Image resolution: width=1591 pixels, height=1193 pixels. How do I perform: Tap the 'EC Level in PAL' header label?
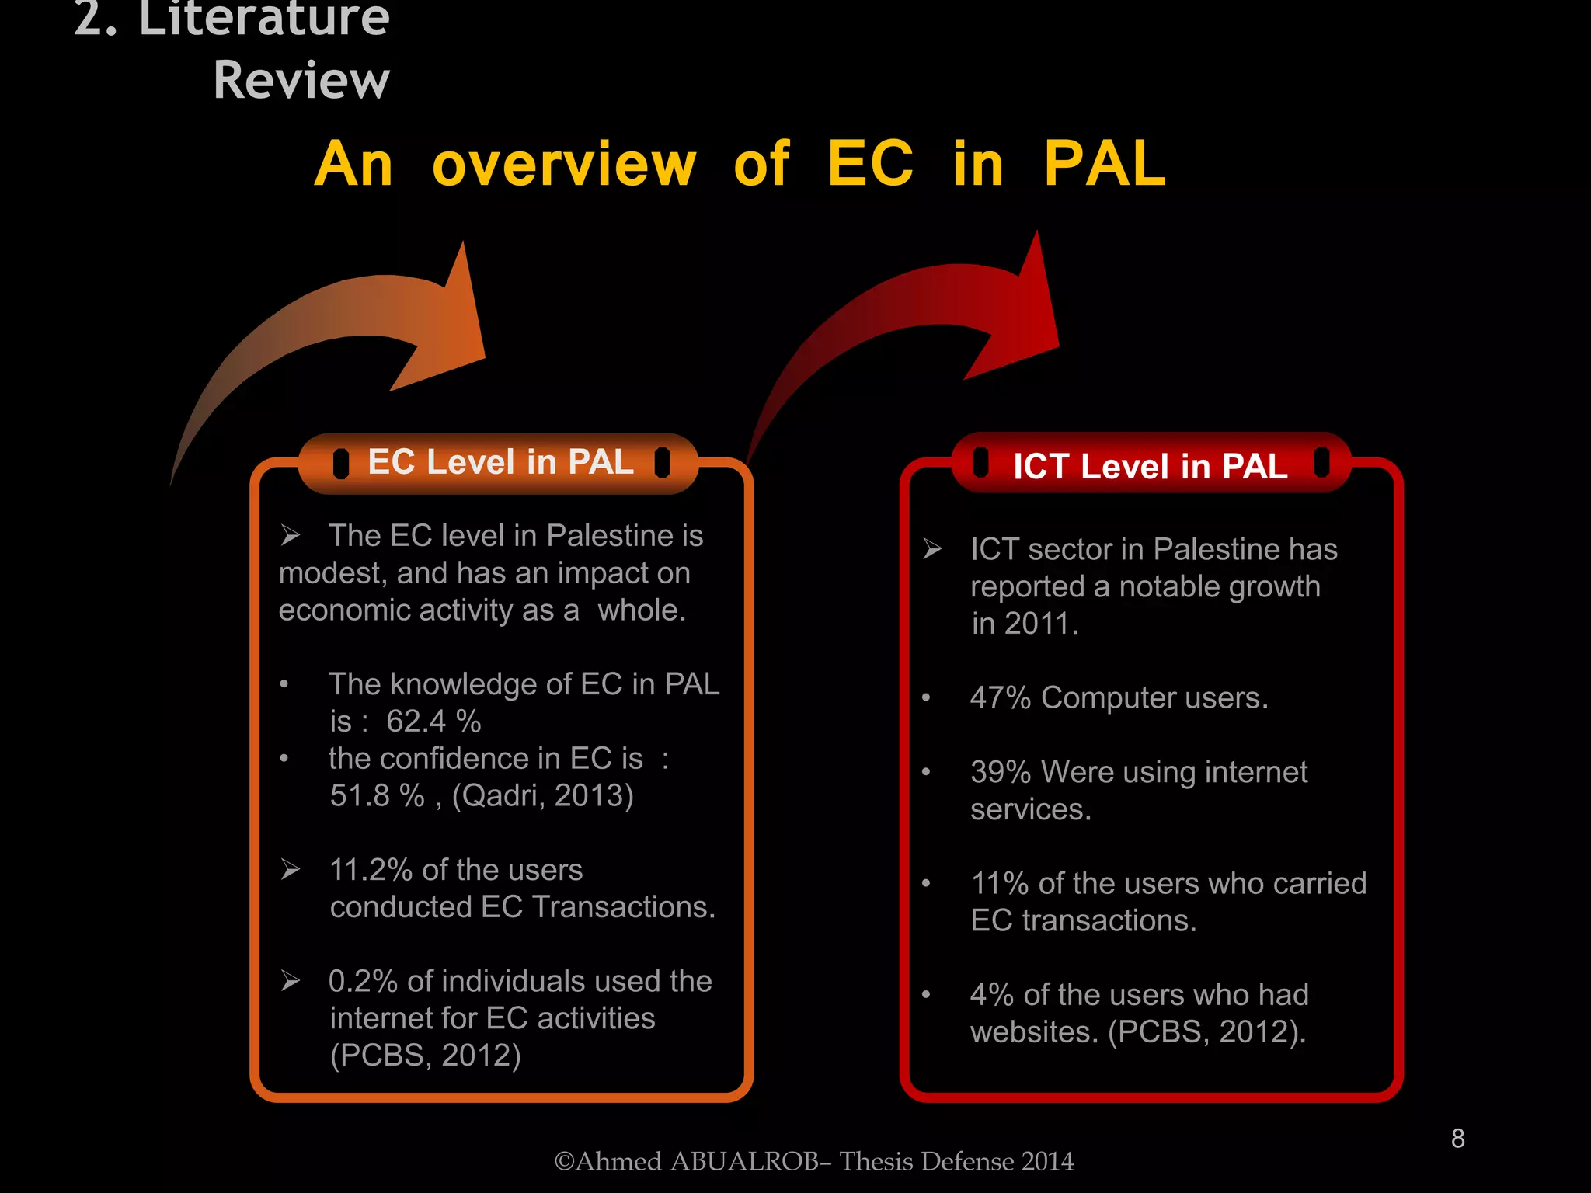point(500,462)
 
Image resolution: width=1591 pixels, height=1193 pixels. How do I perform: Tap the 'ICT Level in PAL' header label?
point(1150,466)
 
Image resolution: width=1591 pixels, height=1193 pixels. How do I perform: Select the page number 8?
point(1457,1139)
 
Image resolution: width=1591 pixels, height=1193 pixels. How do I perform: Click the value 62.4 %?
point(433,722)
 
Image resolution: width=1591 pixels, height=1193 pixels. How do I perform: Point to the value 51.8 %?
point(377,795)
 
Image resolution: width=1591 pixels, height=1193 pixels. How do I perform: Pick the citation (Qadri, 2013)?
point(542,795)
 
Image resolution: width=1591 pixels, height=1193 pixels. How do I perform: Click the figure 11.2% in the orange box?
point(371,870)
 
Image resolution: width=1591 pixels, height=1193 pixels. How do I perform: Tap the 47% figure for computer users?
point(1000,697)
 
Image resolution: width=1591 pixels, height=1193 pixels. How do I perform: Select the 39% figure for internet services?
point(1000,772)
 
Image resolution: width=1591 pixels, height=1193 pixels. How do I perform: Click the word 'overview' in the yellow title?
point(564,165)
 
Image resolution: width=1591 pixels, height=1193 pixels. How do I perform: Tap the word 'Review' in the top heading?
point(301,80)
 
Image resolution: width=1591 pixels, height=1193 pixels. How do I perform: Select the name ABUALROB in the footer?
point(743,1161)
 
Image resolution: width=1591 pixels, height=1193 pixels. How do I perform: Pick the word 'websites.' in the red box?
point(1034,1032)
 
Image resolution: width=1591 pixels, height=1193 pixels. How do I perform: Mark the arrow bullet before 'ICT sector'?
point(932,549)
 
